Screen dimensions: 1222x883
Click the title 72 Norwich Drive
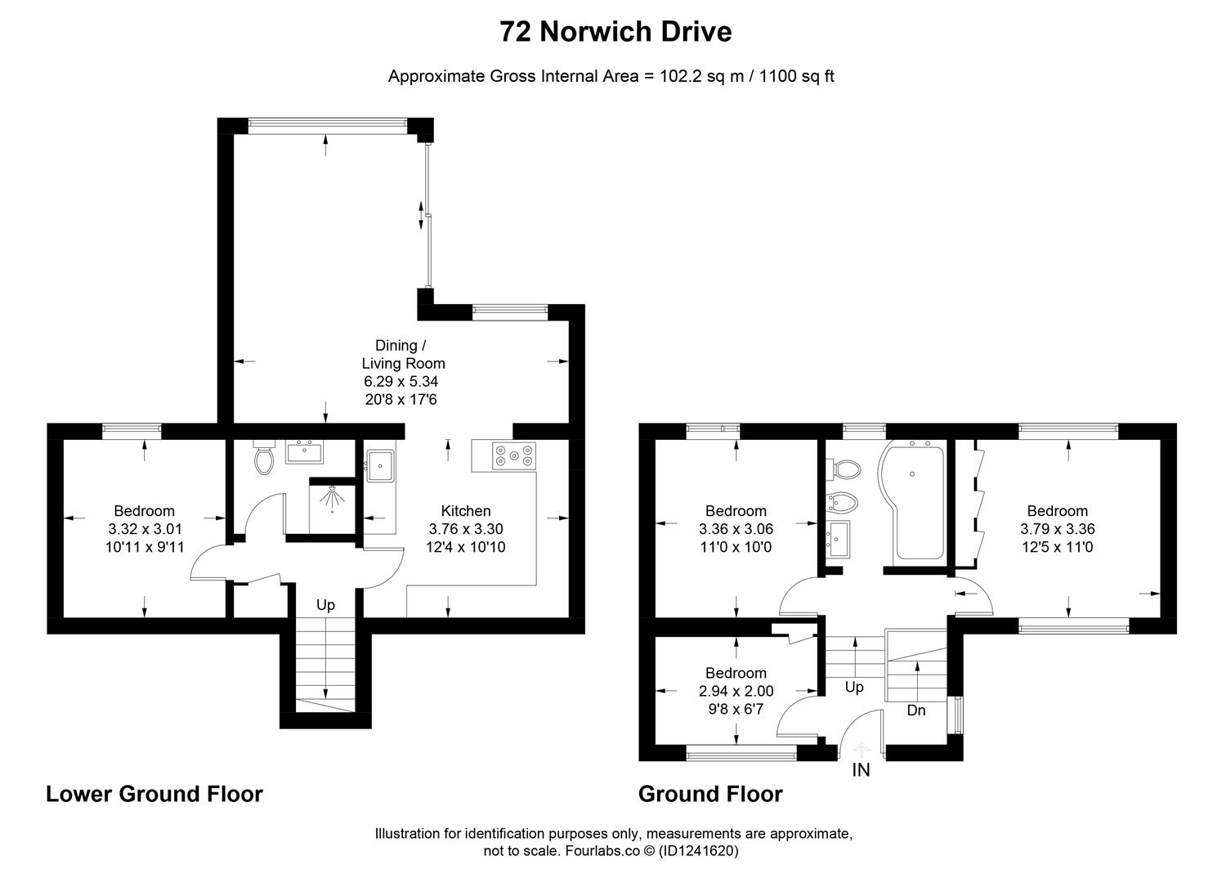point(615,32)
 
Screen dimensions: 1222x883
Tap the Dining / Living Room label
point(403,354)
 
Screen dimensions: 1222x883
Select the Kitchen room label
point(465,511)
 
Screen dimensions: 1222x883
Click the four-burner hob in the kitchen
point(514,456)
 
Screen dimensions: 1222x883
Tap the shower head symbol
point(332,498)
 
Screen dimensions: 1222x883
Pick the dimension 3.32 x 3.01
point(145,529)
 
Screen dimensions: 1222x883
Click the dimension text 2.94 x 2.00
point(736,691)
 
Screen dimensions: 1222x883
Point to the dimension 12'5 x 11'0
point(1057,547)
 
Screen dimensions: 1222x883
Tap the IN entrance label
point(861,770)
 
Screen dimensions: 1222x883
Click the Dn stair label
point(916,710)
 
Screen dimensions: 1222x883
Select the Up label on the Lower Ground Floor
point(325,605)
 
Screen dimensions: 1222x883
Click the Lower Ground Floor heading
point(154,794)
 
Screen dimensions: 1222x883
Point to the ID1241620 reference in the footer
point(699,851)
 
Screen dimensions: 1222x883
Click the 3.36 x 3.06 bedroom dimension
point(736,529)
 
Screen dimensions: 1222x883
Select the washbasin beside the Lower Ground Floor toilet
point(305,451)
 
